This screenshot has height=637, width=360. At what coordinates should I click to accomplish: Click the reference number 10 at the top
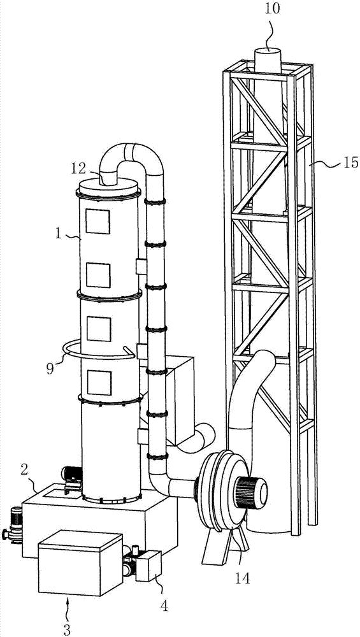click(x=273, y=8)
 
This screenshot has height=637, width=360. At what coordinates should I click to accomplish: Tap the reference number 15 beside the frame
click(x=350, y=163)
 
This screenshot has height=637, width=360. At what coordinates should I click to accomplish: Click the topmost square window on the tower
click(x=97, y=222)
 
